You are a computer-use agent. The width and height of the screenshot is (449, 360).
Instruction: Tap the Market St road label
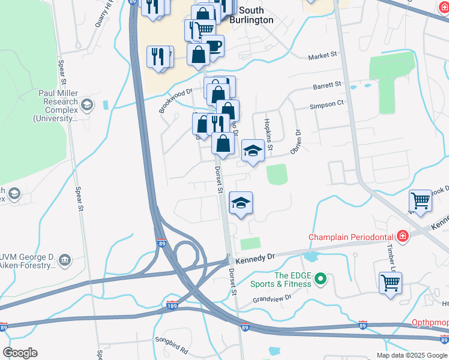(x=322, y=56)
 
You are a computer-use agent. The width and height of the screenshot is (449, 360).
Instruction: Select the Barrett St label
(x=327, y=86)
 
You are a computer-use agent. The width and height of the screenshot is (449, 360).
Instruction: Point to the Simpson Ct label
(x=327, y=103)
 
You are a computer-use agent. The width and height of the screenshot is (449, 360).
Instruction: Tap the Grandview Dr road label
(x=271, y=297)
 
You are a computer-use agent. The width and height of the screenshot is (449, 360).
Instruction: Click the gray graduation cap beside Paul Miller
(x=88, y=106)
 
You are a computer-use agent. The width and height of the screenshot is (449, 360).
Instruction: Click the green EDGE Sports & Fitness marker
(x=321, y=278)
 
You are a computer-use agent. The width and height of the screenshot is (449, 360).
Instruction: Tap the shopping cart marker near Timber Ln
(x=390, y=282)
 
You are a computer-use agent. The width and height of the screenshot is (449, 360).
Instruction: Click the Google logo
(x=20, y=353)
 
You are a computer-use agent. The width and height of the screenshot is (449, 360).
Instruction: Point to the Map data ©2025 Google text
(x=412, y=355)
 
